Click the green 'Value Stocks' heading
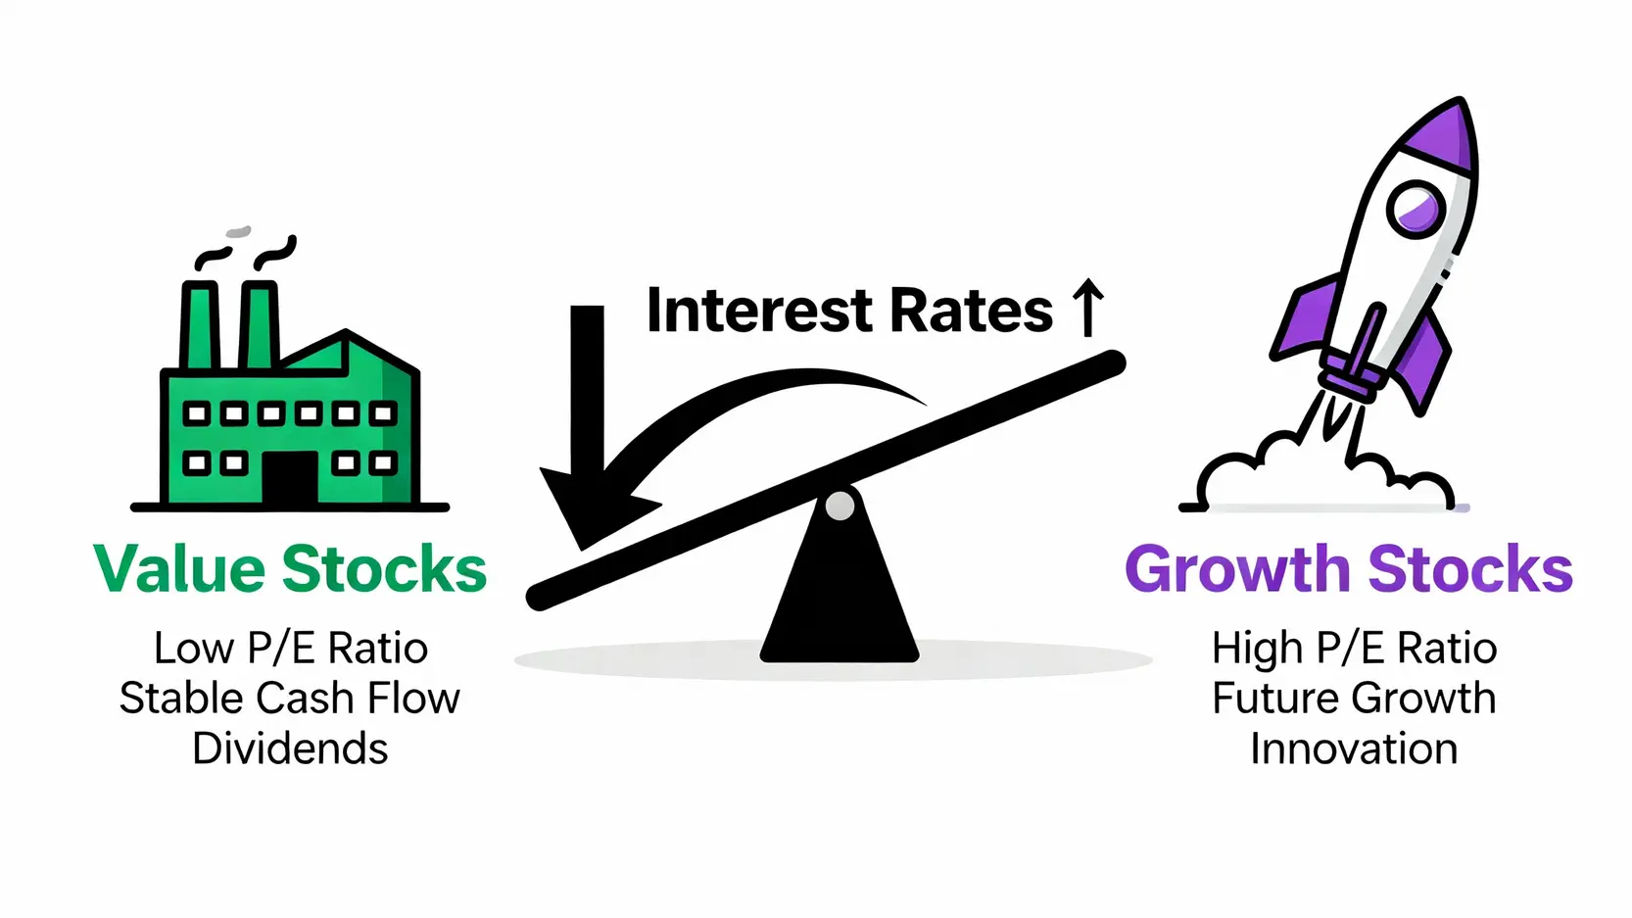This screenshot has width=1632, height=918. click(290, 568)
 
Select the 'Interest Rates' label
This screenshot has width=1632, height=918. click(849, 311)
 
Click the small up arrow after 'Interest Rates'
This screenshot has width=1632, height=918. click(1088, 308)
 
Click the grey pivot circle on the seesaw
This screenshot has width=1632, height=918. click(840, 506)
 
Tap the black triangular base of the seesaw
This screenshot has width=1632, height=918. click(840, 575)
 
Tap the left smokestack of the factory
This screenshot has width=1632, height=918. click(200, 325)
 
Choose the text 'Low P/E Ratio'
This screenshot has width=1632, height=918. click(291, 648)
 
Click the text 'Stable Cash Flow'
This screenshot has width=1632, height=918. click(290, 698)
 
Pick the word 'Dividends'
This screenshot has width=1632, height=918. click(290, 749)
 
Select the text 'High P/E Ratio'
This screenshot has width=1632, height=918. click(1355, 649)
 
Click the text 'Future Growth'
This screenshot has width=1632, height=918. click(1355, 698)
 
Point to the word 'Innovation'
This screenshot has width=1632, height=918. click(1355, 749)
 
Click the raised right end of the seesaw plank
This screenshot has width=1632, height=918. click(1113, 362)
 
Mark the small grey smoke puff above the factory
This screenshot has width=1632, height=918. click(238, 232)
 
